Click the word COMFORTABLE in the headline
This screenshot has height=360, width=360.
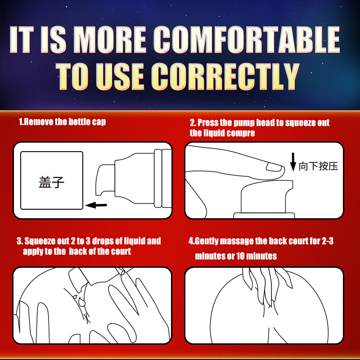point(247,39)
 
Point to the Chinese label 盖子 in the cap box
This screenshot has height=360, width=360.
point(51,182)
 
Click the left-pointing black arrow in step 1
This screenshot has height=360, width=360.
point(96,205)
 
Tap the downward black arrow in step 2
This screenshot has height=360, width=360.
point(293,162)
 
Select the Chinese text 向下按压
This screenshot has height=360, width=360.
point(318,166)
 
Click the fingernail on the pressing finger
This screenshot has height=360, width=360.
point(274,167)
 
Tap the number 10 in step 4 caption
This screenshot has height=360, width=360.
point(240,256)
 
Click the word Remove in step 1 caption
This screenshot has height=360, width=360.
point(39,121)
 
